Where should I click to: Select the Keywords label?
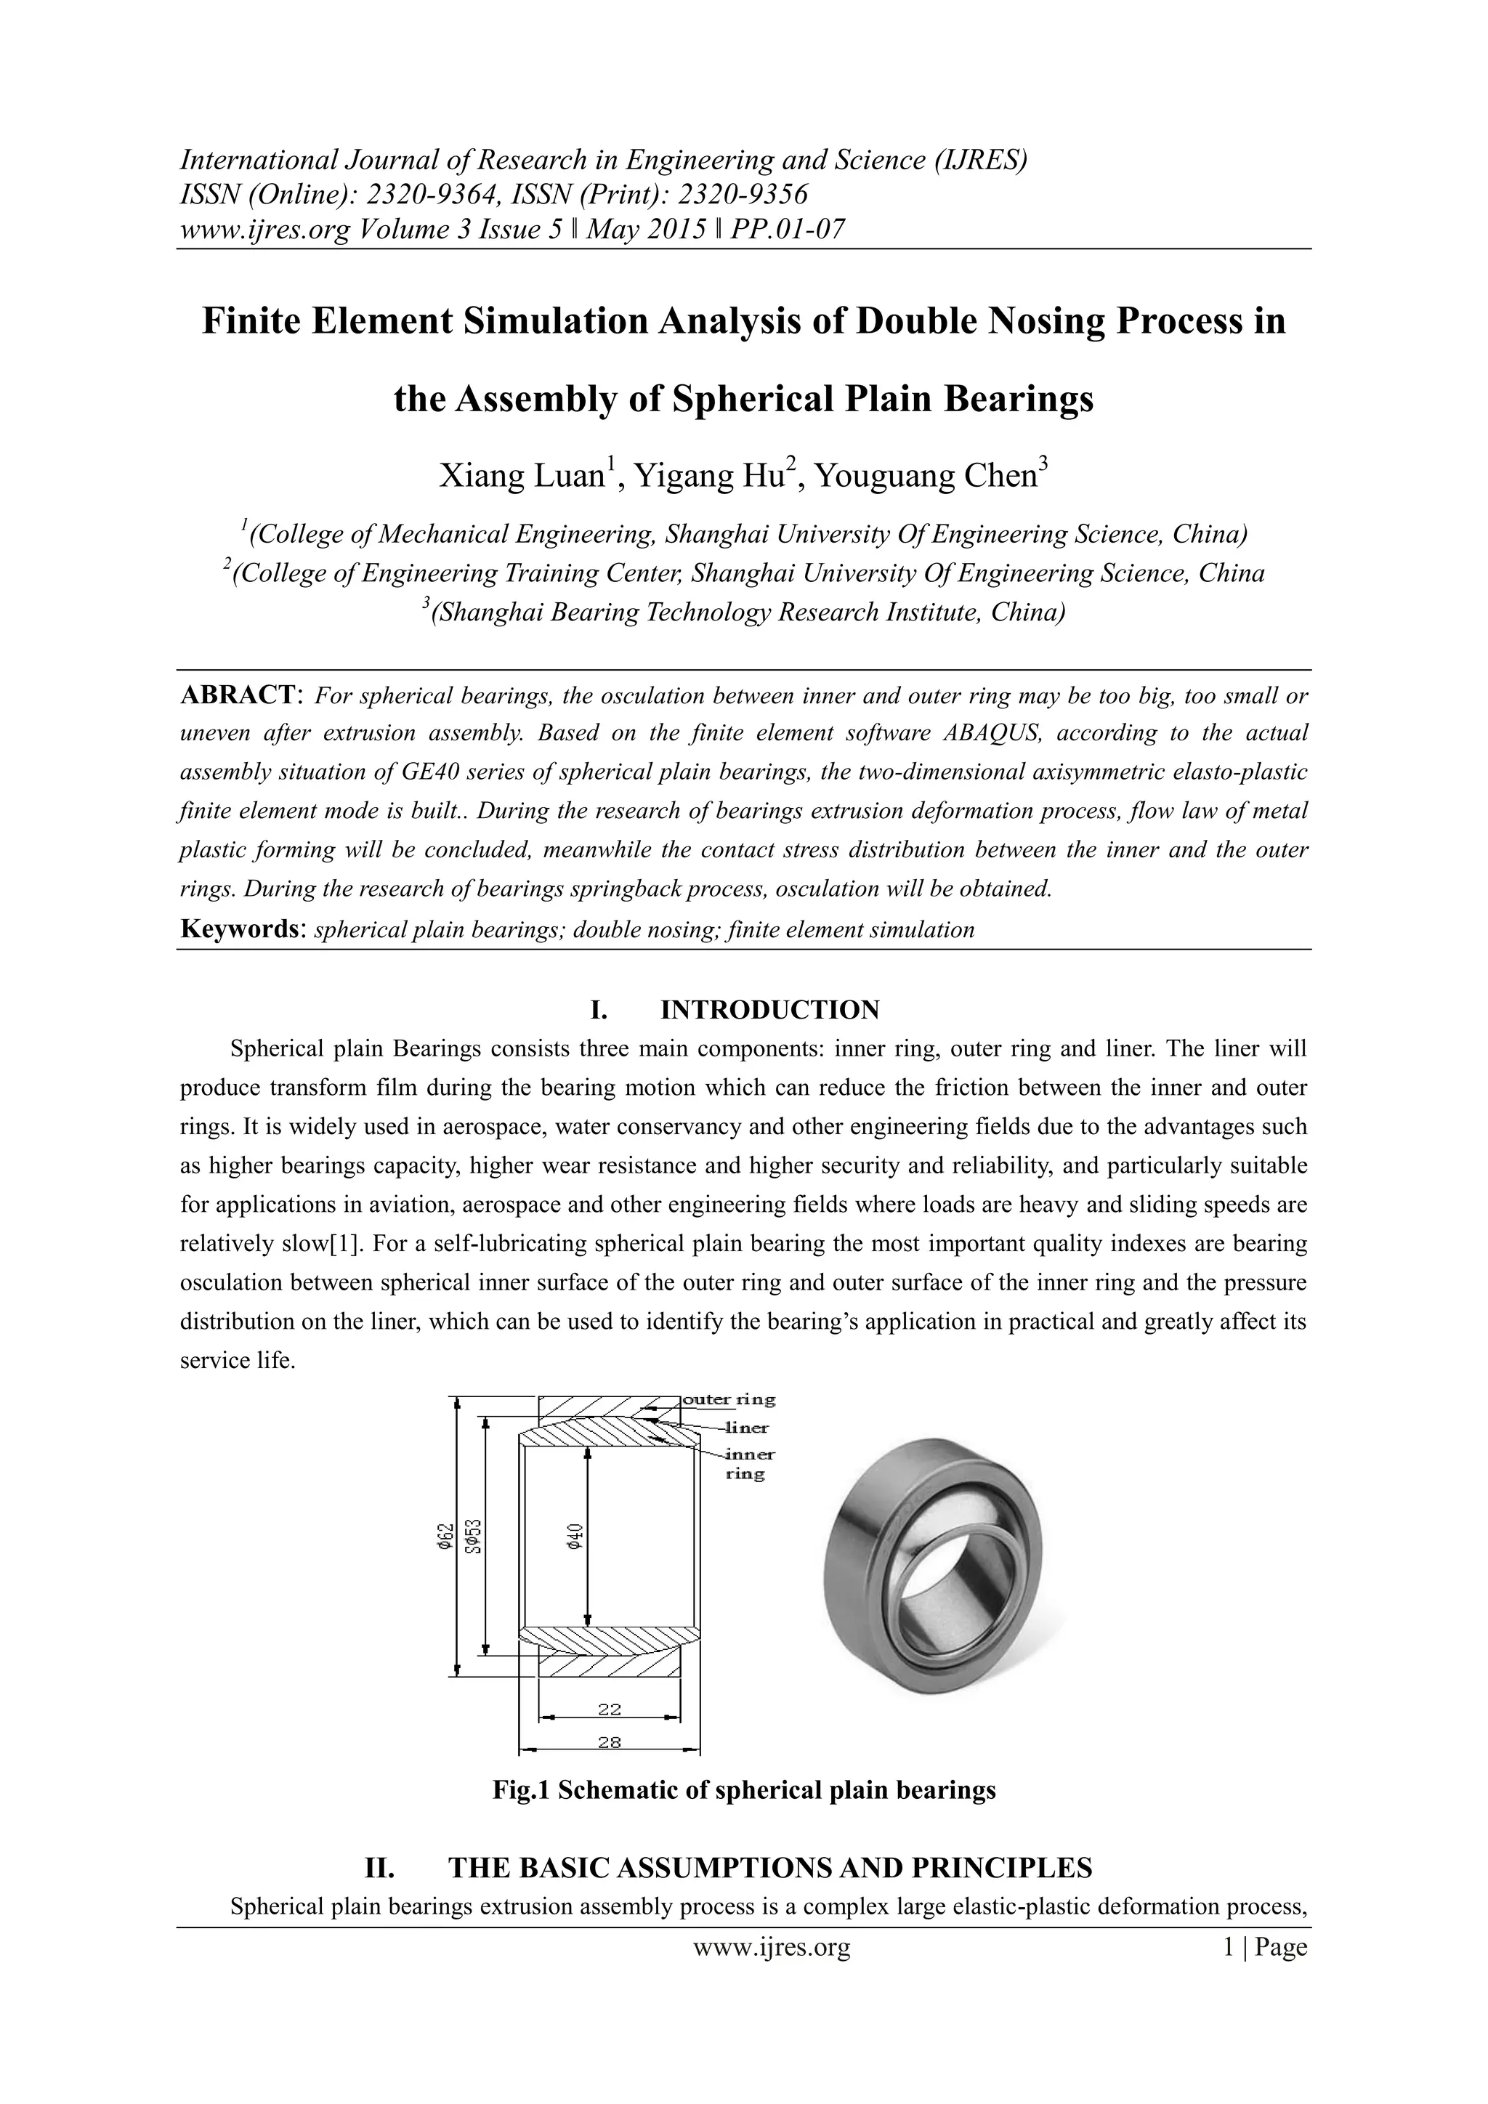[239, 929]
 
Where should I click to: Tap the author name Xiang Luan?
[520, 477]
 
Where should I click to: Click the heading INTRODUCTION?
[769, 1010]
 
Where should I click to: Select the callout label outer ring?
[729, 1399]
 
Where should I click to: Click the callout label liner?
[746, 1427]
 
